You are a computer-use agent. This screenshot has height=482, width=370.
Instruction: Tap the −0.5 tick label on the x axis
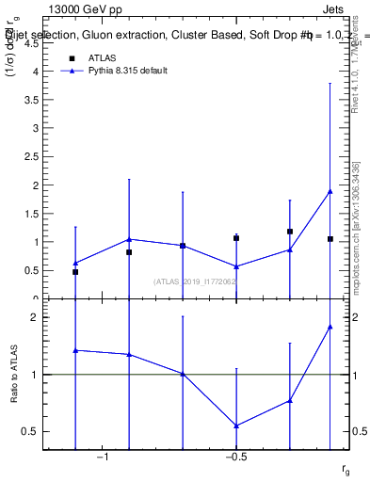[x=234, y=458]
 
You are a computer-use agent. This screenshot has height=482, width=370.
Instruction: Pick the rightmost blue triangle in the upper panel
[x=330, y=191]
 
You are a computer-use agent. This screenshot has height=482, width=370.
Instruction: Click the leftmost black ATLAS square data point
[x=75, y=272]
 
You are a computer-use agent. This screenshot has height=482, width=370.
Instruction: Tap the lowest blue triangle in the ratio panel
[x=236, y=426]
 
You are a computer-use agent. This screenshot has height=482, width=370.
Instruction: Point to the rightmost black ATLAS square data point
[x=330, y=239]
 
